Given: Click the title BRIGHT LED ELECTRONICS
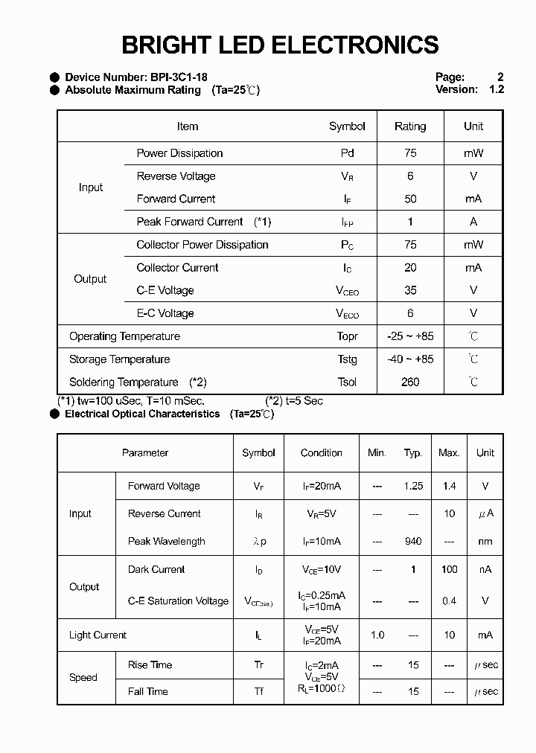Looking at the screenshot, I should (280, 45).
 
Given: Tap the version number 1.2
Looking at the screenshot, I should (497, 89).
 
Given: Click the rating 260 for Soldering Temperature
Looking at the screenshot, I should (410, 382).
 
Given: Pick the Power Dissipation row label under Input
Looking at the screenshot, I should (179, 153).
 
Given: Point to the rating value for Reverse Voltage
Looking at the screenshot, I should (410, 176).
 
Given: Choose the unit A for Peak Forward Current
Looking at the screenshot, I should (473, 222).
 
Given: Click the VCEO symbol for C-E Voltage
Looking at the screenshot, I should (347, 291).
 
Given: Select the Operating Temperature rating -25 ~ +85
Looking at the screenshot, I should (410, 336).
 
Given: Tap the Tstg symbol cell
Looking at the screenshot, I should (347, 359).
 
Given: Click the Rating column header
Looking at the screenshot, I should (410, 126).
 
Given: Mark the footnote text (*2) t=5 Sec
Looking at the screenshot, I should (294, 401).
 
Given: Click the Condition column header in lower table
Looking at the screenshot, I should (321, 452).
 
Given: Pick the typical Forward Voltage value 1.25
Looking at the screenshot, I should (413, 486).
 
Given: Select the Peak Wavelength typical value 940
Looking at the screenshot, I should (413, 542).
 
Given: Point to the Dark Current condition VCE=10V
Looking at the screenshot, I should (321, 569).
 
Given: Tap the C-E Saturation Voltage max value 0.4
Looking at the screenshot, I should (449, 601).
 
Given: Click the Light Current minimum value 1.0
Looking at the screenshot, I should (377, 635).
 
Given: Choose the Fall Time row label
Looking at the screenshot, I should (148, 692).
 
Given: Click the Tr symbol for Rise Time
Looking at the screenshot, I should (258, 665).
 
